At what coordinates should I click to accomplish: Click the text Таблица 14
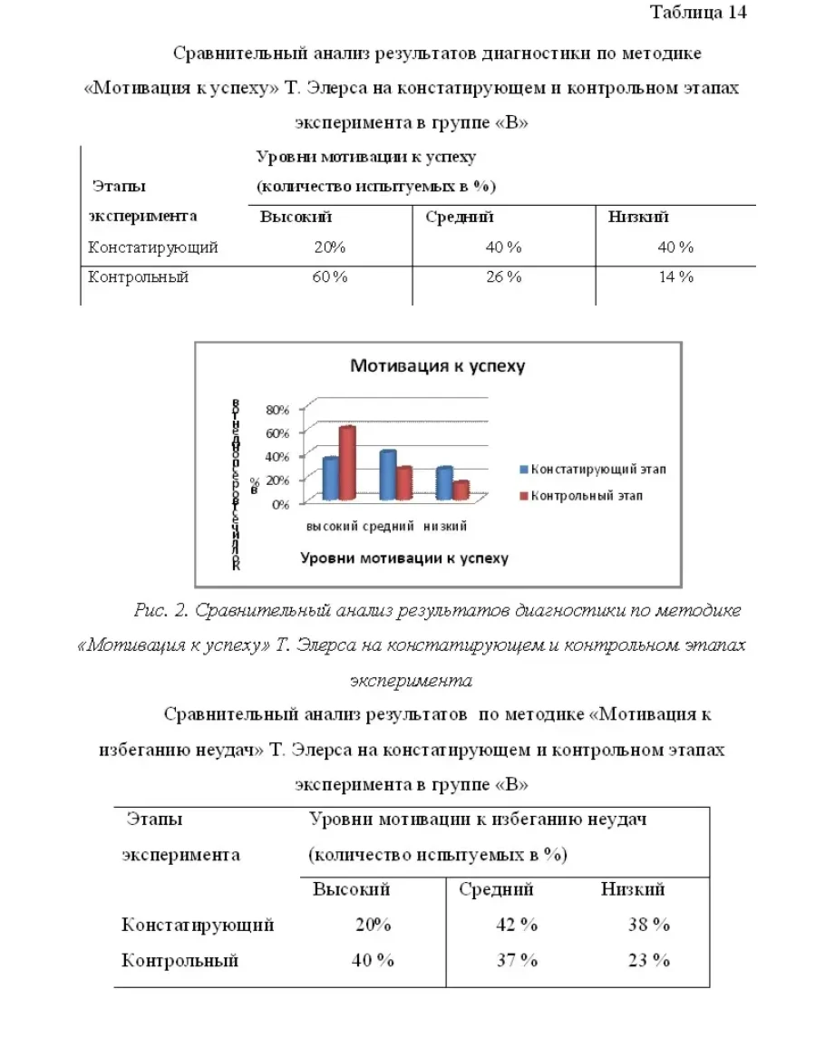point(698,13)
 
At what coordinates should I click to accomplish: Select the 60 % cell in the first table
point(330,277)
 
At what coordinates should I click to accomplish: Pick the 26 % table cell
point(503,277)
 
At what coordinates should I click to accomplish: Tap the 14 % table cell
point(675,277)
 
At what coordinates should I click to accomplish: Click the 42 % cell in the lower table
point(517,926)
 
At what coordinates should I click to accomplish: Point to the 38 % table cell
point(649,926)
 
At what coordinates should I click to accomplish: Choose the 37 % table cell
point(517,961)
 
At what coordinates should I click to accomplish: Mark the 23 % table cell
point(649,961)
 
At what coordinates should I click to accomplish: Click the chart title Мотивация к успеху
point(438,366)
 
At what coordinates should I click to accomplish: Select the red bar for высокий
point(347,463)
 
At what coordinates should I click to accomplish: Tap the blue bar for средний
point(387,476)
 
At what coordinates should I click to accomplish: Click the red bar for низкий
point(461,490)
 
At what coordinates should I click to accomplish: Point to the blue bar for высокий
point(330,480)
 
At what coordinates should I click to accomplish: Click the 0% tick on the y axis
point(280,504)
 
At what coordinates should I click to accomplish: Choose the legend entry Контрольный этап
point(586,496)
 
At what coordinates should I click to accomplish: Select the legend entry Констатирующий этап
point(597,469)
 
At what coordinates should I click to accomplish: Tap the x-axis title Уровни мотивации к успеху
point(404,557)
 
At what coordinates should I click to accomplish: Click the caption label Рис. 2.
point(159,610)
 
